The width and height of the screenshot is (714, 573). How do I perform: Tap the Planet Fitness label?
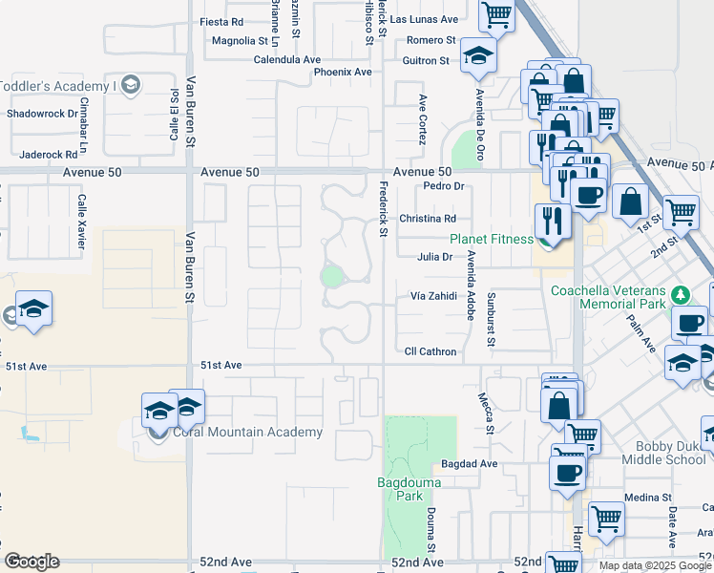click(492, 239)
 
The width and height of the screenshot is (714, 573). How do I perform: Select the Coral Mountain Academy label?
click(247, 433)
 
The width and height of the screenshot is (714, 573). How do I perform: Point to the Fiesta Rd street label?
click(221, 21)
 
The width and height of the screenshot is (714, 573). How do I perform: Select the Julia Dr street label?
click(434, 256)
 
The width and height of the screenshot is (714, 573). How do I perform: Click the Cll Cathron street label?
click(430, 351)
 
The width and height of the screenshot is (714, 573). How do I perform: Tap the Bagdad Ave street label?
click(470, 464)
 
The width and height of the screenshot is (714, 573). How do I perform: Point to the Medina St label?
click(649, 498)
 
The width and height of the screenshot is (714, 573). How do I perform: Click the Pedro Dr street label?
click(443, 186)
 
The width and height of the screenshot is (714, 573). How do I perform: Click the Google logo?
click(31, 562)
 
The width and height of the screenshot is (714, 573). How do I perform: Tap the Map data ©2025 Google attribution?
click(655, 565)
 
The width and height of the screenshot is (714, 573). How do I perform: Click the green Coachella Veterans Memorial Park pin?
click(681, 292)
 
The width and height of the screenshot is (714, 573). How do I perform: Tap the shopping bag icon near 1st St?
click(631, 202)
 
